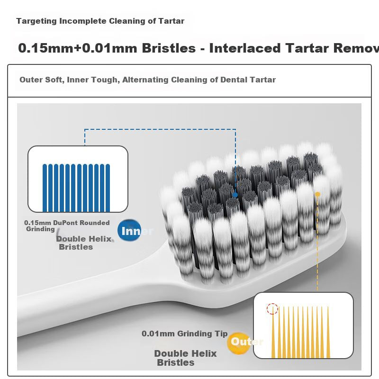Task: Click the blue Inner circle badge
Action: pyautogui.click(x=129, y=230)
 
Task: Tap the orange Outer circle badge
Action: pyautogui.click(x=239, y=343)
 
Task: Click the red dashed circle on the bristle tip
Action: pyautogui.click(x=272, y=309)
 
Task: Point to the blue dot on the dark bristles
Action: pyautogui.click(x=235, y=195)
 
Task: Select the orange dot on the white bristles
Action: pyautogui.click(x=317, y=194)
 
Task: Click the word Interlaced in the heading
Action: pyautogui.click(x=245, y=48)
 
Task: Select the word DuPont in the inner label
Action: pyautogui.click(x=65, y=223)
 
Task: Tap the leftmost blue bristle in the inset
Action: pyautogui.click(x=45, y=188)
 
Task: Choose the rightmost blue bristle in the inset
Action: pyautogui.click(x=108, y=188)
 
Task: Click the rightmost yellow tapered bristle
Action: pyautogui.click(x=328, y=333)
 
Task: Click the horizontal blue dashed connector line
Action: pyautogui.click(x=160, y=129)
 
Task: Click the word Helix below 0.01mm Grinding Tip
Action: pyautogui.click(x=203, y=353)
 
